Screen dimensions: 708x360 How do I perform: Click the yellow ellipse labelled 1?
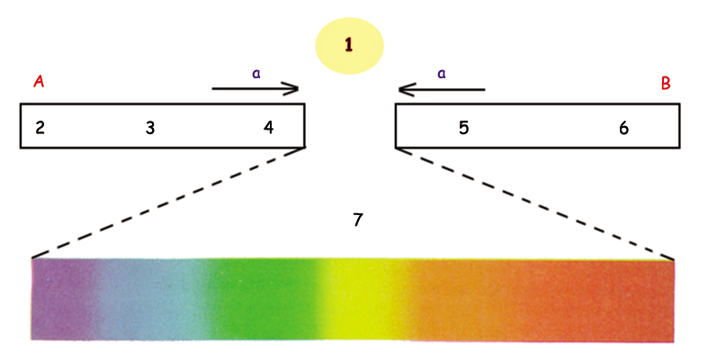click(349, 46)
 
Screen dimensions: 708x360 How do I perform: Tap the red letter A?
click(39, 82)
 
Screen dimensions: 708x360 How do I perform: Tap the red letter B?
click(666, 84)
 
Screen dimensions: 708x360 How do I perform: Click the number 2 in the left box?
click(40, 128)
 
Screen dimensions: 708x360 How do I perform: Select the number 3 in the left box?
click(150, 129)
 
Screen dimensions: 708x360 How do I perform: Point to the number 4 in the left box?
click(269, 128)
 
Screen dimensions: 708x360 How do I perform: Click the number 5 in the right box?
click(463, 128)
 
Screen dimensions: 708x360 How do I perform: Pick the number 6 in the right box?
click(623, 129)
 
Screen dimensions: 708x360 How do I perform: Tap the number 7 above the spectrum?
click(358, 220)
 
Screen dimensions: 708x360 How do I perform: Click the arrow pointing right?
click(255, 88)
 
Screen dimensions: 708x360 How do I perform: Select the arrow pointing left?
click(442, 89)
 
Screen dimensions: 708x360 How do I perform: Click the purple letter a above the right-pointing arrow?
click(256, 74)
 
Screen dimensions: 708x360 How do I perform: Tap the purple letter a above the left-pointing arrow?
click(442, 74)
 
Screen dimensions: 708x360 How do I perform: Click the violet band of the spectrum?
click(62, 299)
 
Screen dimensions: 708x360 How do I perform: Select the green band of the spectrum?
click(260, 299)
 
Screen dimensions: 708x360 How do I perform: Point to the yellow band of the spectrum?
click(362, 299)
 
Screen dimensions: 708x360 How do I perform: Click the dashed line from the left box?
click(168, 202)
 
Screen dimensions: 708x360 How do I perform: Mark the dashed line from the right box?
click(535, 203)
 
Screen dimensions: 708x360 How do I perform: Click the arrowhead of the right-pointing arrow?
click(292, 88)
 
